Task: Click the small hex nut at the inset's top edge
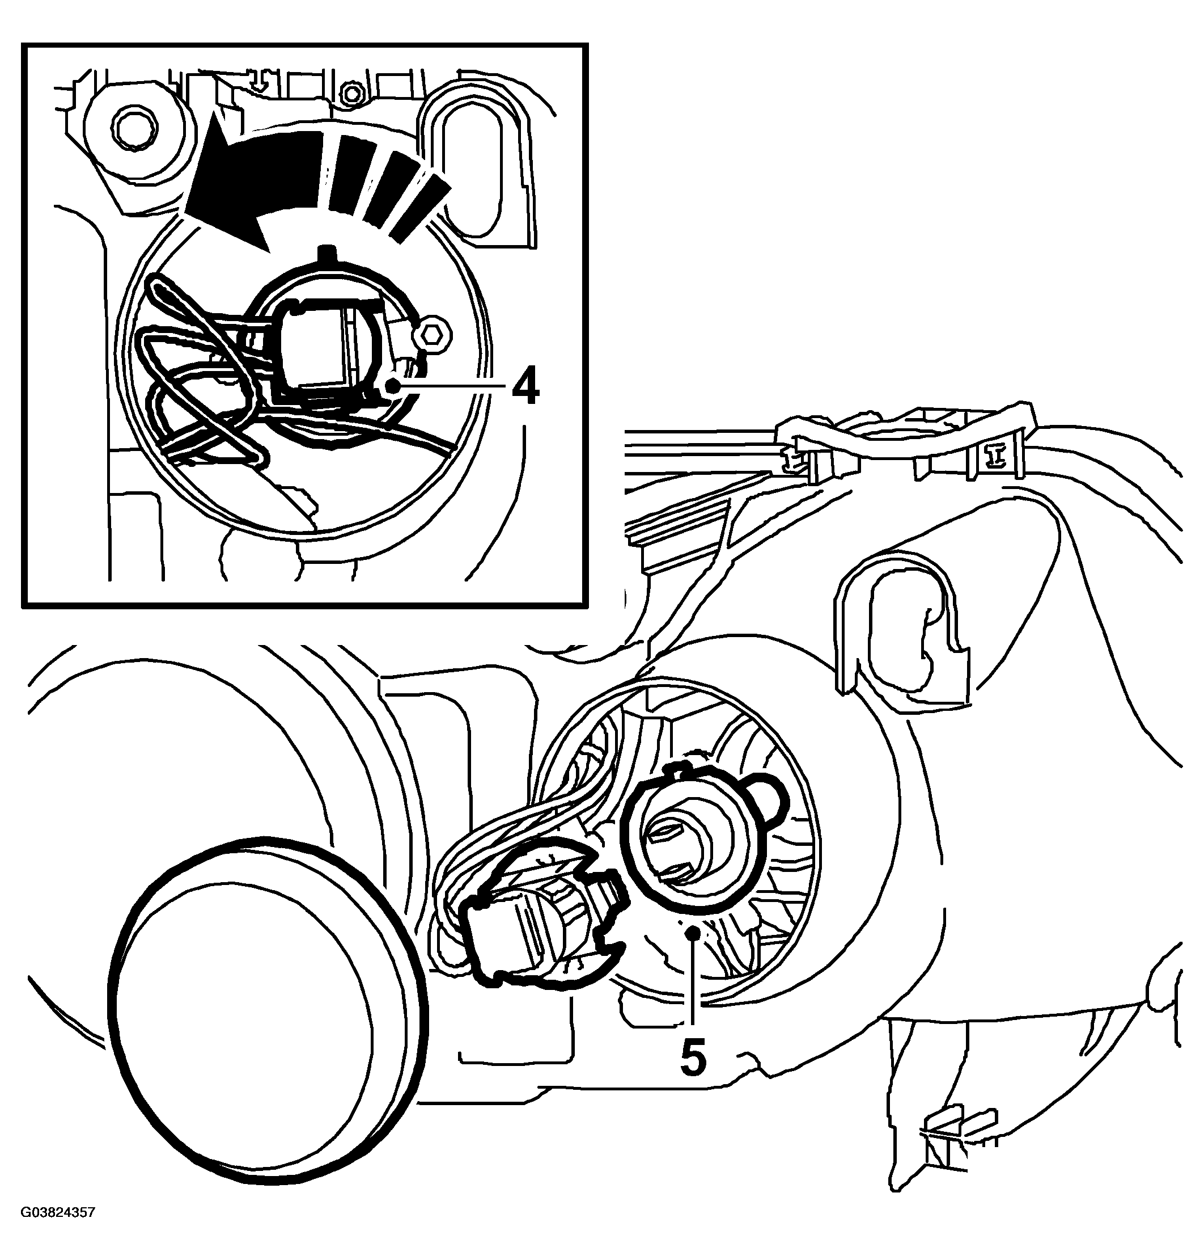click(x=350, y=93)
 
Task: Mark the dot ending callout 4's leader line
click(x=392, y=386)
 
